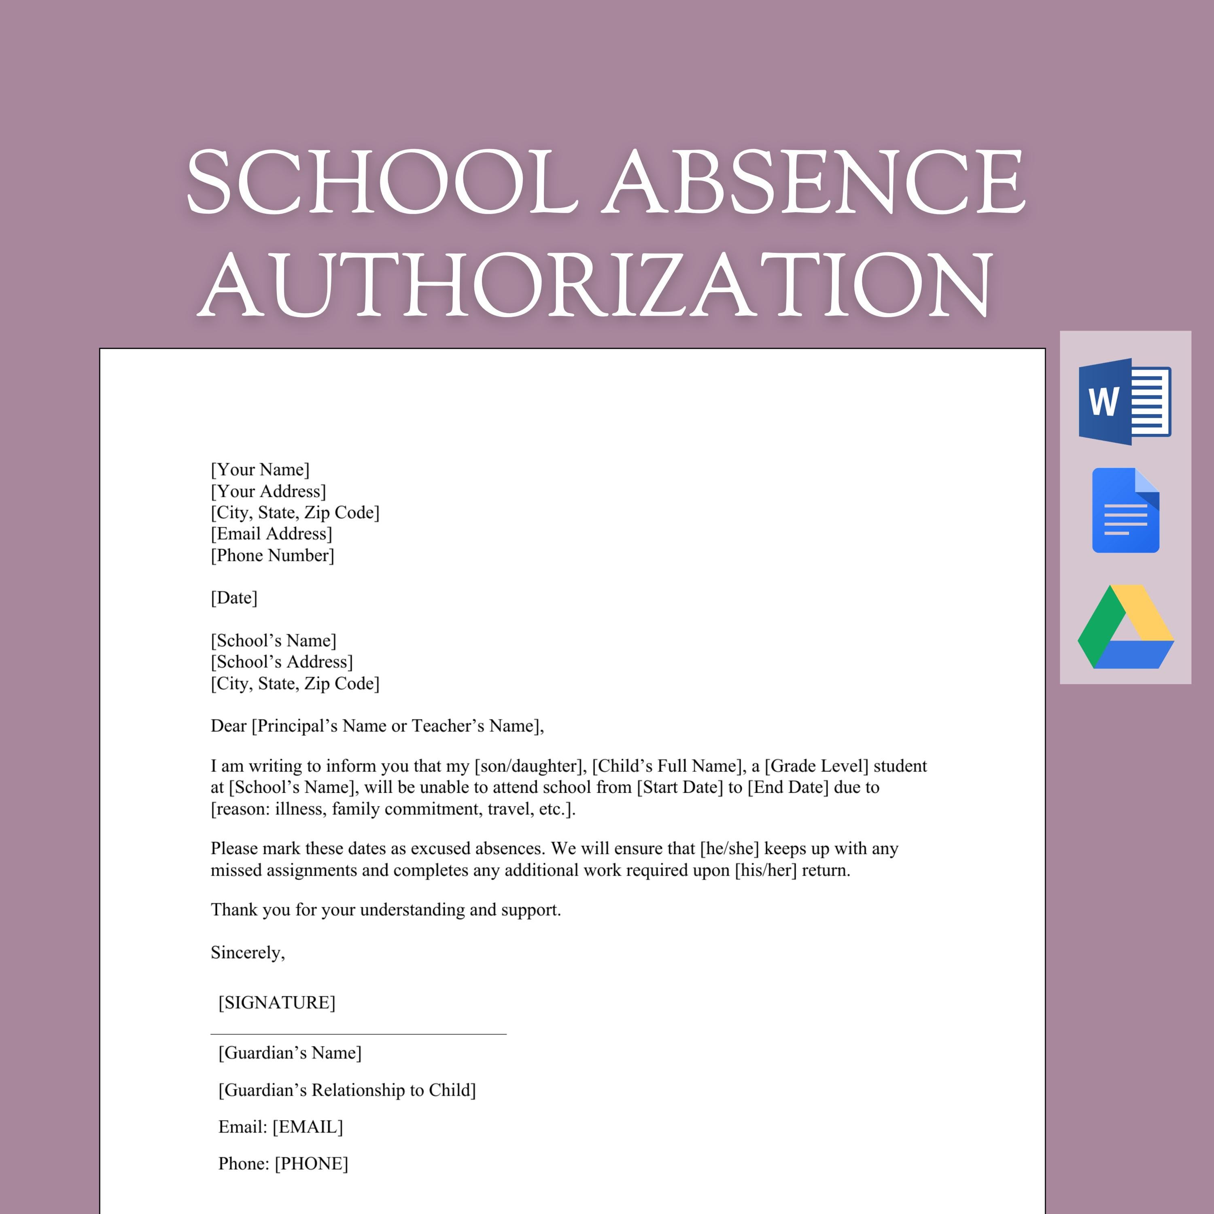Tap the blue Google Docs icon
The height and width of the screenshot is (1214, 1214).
[1125, 510]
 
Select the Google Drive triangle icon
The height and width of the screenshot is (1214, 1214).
[1125, 627]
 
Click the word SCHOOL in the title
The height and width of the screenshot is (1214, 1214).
[382, 182]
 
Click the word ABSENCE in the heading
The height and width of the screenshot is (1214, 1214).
[814, 182]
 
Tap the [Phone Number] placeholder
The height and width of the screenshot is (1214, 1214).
[272, 555]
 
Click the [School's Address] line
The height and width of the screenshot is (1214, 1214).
[282, 661]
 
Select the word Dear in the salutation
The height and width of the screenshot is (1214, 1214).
[228, 726]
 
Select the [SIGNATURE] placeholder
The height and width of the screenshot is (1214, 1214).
[276, 1002]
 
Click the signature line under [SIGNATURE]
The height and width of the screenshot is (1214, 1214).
[358, 1034]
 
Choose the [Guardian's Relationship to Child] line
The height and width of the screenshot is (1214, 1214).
[347, 1090]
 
